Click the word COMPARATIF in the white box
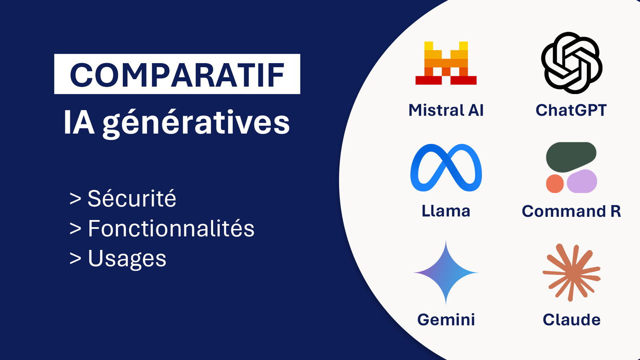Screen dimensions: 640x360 pos(177,74)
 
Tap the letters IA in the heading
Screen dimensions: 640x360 pos(79,122)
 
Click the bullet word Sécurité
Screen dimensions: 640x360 pos(132,198)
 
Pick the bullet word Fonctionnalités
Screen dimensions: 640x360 pos(171,228)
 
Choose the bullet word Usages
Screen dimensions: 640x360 pos(127,258)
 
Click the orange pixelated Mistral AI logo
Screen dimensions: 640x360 pos(446,63)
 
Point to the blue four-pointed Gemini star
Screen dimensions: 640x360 pos(446,272)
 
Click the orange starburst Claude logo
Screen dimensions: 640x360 pos(572,272)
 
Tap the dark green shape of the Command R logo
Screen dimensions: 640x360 pos(571,157)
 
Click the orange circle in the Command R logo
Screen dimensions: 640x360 pos(554,184)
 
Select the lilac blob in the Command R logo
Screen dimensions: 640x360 pos(582,181)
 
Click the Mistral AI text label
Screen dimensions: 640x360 pos(446,110)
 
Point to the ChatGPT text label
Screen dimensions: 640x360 pos(571,110)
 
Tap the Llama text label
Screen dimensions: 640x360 pos(446,211)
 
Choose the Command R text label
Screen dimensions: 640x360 pos(572,211)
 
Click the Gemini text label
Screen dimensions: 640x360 pos(446,320)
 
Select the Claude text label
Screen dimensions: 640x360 pos(572,320)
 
